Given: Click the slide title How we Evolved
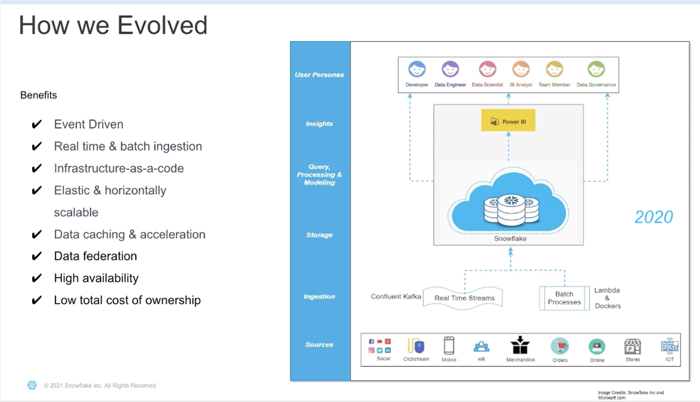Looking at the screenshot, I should [x=113, y=26].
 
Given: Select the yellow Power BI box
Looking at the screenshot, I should [x=508, y=121].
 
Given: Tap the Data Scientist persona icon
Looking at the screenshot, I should [x=487, y=70].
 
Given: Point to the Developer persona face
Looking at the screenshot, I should [x=417, y=70].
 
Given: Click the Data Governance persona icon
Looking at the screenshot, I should [x=596, y=70].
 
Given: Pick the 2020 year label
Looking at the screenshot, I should [x=654, y=217].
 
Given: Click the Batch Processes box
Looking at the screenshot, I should [x=564, y=298].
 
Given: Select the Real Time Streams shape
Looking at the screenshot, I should [x=464, y=298].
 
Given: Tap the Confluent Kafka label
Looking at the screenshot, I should [x=395, y=297].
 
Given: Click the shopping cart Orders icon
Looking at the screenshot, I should [x=560, y=346].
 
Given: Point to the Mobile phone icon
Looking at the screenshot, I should [x=449, y=345].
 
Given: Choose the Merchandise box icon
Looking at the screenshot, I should [x=520, y=345].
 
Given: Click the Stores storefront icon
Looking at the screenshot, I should [x=632, y=346].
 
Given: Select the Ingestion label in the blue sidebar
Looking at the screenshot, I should [x=319, y=297].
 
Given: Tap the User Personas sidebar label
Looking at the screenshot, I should [x=319, y=75].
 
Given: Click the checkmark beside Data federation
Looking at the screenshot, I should [x=37, y=257].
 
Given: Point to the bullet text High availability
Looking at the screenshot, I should [x=96, y=278].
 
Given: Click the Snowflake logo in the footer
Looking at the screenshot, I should [x=32, y=385].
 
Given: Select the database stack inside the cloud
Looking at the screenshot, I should [x=511, y=208].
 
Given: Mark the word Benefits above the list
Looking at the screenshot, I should [x=39, y=95].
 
